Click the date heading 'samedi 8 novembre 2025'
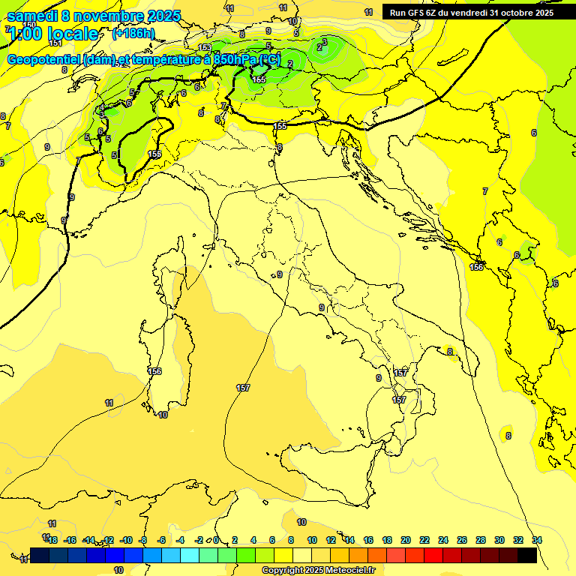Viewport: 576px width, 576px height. click(94, 15)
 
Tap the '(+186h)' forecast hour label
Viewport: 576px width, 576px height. click(133, 34)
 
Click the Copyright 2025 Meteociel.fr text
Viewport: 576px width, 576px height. click(318, 570)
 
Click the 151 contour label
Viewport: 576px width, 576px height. click(55, 64)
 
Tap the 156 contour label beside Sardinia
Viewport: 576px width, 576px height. click(154, 371)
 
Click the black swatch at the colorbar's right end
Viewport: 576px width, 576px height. click(526, 555)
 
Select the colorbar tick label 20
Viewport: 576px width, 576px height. click(406, 540)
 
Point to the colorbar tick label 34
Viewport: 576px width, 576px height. click(536, 540)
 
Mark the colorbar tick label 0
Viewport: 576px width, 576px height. click(216, 540)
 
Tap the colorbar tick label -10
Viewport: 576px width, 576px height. click(126, 540)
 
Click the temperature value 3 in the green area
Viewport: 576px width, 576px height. click(324, 41)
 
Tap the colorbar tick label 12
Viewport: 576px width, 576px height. click(331, 540)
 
